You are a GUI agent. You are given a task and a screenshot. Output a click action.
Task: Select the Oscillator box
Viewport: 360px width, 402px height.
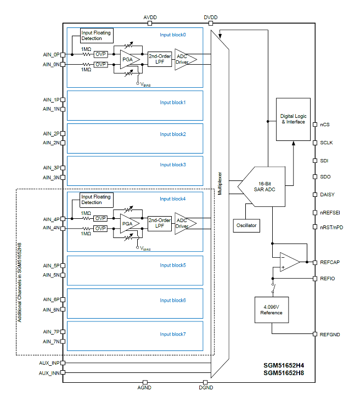click(x=246, y=225)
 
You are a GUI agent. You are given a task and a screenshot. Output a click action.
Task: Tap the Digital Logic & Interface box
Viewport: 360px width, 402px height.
click(x=292, y=119)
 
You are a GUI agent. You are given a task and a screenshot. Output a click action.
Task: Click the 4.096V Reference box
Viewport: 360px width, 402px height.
click(x=271, y=309)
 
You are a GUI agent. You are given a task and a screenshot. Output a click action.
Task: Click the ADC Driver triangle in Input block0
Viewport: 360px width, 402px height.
click(x=183, y=59)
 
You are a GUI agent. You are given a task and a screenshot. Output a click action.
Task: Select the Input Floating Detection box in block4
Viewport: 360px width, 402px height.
click(x=95, y=199)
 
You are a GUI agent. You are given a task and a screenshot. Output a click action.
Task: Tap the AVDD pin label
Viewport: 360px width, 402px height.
click(x=150, y=18)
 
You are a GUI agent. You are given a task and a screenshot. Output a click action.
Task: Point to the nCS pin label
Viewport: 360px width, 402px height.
click(x=325, y=124)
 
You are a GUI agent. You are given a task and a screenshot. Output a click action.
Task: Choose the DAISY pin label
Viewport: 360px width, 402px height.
click(x=327, y=195)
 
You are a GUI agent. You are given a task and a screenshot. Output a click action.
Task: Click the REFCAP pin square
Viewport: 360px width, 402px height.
click(x=314, y=262)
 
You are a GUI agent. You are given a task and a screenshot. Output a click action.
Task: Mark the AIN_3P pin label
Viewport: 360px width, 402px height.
click(x=51, y=168)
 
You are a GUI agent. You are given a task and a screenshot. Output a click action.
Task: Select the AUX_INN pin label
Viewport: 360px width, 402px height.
click(x=49, y=373)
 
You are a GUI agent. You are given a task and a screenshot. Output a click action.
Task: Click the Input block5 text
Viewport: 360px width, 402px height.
click(x=173, y=265)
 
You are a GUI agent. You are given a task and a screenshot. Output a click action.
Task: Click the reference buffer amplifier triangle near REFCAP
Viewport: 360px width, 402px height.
click(x=288, y=262)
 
